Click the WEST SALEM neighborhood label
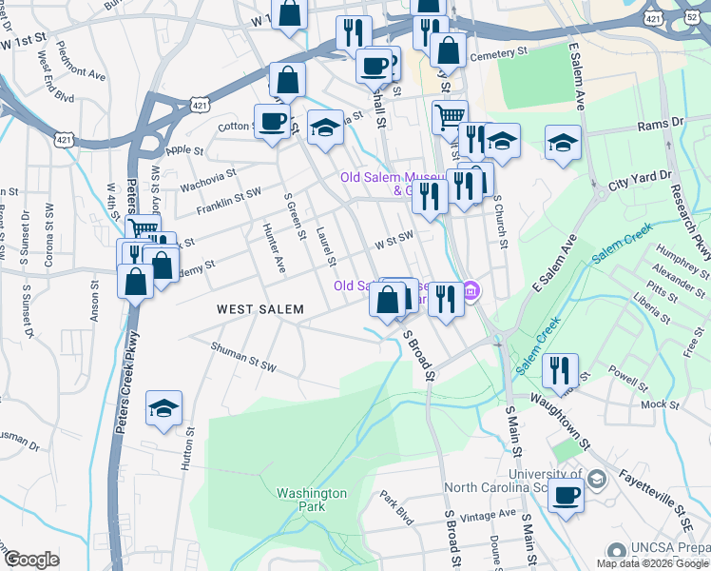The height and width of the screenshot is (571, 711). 259,309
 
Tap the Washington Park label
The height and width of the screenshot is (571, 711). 312,500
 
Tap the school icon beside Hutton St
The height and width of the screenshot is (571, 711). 163,409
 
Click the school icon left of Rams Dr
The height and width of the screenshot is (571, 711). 563,144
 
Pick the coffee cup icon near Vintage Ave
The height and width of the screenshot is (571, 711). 567,496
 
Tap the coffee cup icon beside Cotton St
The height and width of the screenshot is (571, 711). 273,122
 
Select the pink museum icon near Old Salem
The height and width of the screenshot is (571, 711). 472,291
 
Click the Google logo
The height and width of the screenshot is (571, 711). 30,560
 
